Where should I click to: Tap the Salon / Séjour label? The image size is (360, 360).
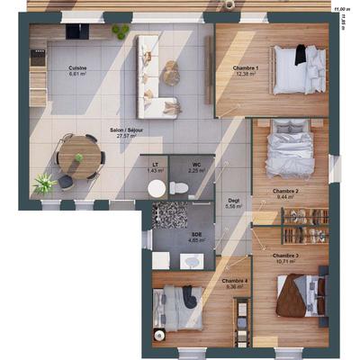(x=127, y=131)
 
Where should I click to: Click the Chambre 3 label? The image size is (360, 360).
(x=284, y=256)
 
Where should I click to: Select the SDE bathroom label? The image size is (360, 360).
(x=195, y=238)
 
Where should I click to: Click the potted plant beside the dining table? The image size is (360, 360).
(x=44, y=184)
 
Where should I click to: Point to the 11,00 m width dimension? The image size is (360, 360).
(x=341, y=7)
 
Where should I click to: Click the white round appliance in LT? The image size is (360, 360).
(x=157, y=188)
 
